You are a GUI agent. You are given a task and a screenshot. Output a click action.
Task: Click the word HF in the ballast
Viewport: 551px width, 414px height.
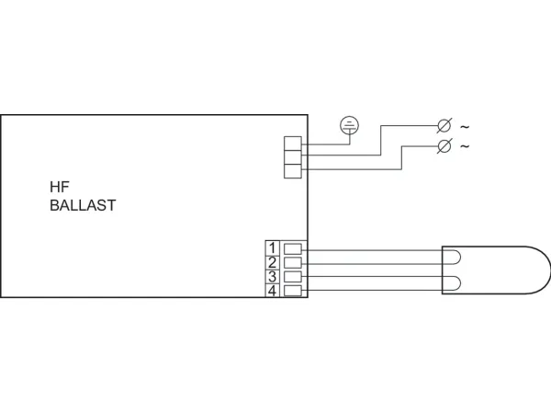click(60, 187)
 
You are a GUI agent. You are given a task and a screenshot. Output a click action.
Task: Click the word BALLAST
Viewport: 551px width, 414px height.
click(83, 205)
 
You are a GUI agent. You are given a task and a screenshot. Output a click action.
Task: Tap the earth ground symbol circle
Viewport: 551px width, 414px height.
click(349, 125)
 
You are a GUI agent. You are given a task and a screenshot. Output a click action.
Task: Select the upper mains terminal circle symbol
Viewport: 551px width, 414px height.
click(444, 126)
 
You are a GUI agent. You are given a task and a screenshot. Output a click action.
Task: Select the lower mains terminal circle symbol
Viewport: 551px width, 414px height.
click(444, 145)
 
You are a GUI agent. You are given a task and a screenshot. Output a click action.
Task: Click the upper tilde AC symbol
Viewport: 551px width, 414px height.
click(465, 127)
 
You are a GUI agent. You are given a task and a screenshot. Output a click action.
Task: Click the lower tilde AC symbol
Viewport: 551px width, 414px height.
click(465, 145)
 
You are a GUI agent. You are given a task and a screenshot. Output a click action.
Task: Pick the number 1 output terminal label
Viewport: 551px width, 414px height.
click(272, 248)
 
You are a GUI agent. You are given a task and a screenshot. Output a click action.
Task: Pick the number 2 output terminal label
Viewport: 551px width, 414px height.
click(272, 262)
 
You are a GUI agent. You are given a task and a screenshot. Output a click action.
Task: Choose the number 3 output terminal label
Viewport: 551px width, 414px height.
click(272, 277)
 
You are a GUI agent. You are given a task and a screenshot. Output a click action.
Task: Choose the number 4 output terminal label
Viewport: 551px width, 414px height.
click(272, 291)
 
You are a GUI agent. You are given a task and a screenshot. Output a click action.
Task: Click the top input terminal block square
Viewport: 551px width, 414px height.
click(293, 144)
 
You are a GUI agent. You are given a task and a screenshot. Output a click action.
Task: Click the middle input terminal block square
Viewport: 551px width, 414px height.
click(293, 157)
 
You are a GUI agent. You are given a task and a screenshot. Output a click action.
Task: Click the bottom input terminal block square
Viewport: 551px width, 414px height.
click(293, 171)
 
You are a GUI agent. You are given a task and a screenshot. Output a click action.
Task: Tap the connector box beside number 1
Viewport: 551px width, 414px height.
click(293, 249)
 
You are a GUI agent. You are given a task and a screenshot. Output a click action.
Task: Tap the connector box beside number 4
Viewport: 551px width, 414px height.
click(293, 291)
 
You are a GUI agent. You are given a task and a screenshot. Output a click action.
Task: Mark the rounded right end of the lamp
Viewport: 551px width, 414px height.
click(550, 270)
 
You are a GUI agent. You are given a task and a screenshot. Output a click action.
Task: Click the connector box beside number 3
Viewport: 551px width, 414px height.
click(293, 277)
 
